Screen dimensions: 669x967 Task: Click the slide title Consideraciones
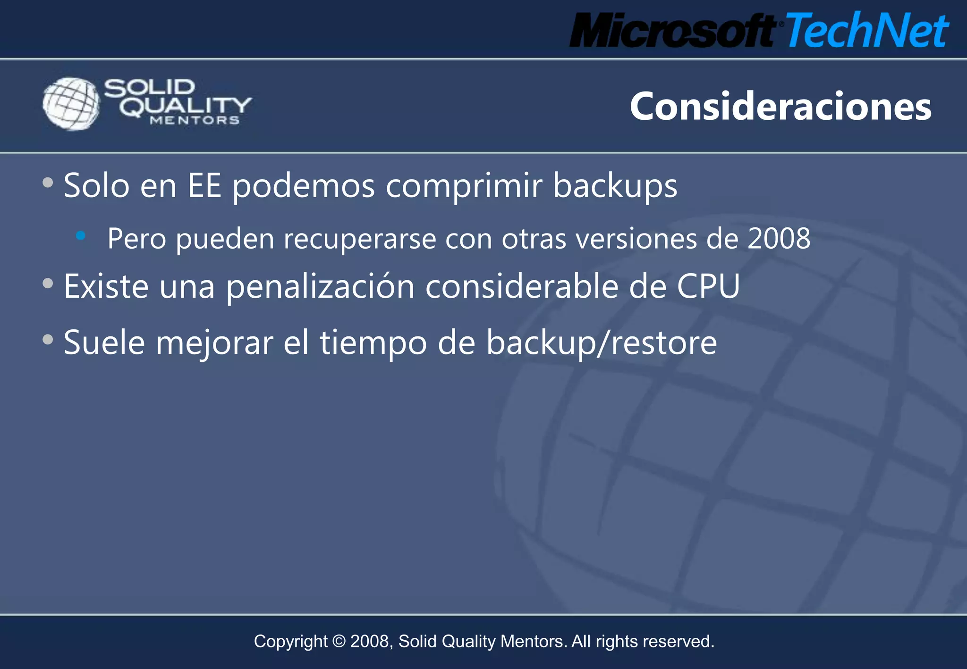pyautogui.click(x=780, y=107)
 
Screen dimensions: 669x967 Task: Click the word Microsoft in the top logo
pyautogui.click(x=672, y=31)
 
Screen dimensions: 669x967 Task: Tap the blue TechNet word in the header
pyautogui.click(x=866, y=31)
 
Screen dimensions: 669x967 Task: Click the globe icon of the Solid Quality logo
pyautogui.click(x=71, y=104)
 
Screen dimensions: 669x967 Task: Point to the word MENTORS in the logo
pyautogui.click(x=195, y=120)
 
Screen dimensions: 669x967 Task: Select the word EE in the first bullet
pyautogui.click(x=204, y=185)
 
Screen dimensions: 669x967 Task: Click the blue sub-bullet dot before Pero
pyautogui.click(x=81, y=235)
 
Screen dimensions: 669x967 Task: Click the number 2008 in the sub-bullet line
pyautogui.click(x=779, y=238)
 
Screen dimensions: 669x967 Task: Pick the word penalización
pyautogui.click(x=320, y=287)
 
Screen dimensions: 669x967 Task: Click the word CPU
pyautogui.click(x=708, y=286)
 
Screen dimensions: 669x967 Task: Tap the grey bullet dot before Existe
pyautogui.click(x=48, y=284)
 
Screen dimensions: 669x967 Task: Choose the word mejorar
pyautogui.click(x=214, y=343)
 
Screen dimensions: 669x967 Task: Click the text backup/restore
pyautogui.click(x=602, y=343)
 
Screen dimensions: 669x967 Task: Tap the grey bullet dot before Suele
pyautogui.click(x=48, y=339)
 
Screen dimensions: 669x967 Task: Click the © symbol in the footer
pyautogui.click(x=339, y=642)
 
